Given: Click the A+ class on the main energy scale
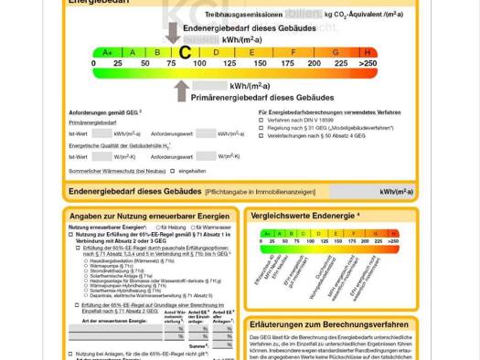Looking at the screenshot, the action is (x=108, y=52).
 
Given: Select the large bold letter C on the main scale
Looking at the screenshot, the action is (x=185, y=52).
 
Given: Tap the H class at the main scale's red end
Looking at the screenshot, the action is (x=368, y=52).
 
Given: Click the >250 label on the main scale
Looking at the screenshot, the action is (x=368, y=63).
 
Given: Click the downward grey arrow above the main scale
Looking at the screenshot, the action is (x=173, y=33).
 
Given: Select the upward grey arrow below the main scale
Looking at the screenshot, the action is (x=181, y=90).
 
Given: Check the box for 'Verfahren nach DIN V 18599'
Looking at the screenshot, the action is (x=262, y=121).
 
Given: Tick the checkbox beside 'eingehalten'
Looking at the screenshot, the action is (x=172, y=171).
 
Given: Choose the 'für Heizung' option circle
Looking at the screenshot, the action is (x=156, y=227).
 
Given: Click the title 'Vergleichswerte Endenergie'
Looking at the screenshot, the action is (x=304, y=217).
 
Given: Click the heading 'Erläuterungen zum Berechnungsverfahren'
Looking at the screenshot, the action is (x=328, y=324).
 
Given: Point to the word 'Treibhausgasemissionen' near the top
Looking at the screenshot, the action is (x=243, y=16).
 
